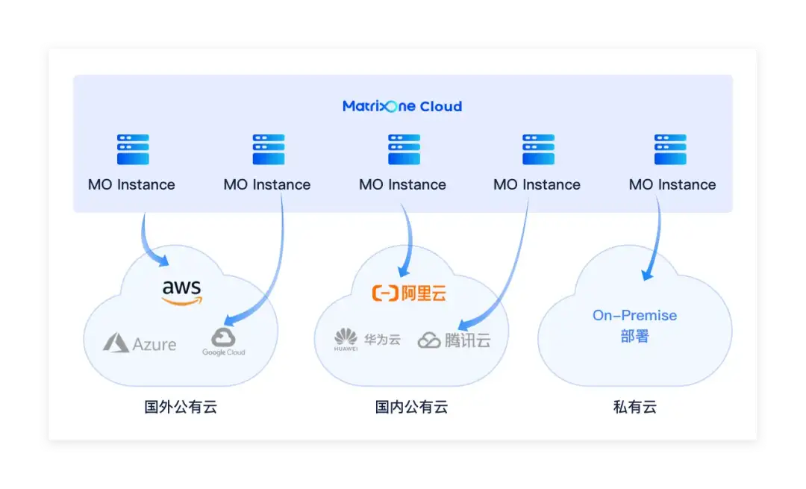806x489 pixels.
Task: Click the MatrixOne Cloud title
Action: coord(402,107)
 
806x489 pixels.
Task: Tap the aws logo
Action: coord(182,293)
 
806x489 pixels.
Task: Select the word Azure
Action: coord(154,344)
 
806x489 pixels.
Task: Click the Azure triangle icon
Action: coord(116,343)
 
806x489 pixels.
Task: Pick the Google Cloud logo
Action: coord(224,342)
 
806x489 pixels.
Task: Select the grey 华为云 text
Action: coord(382,340)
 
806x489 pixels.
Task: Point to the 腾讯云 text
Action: coord(467,340)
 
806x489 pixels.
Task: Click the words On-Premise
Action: coord(634,315)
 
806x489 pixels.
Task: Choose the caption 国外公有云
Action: coord(181,407)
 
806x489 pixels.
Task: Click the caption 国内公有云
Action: coord(411,407)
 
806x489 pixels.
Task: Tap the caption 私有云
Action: coord(635,407)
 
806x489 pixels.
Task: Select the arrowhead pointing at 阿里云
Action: coord(404,270)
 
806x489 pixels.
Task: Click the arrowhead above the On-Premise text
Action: coord(648,274)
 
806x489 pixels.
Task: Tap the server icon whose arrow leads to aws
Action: coord(133,149)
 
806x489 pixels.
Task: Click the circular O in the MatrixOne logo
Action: coord(392,107)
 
